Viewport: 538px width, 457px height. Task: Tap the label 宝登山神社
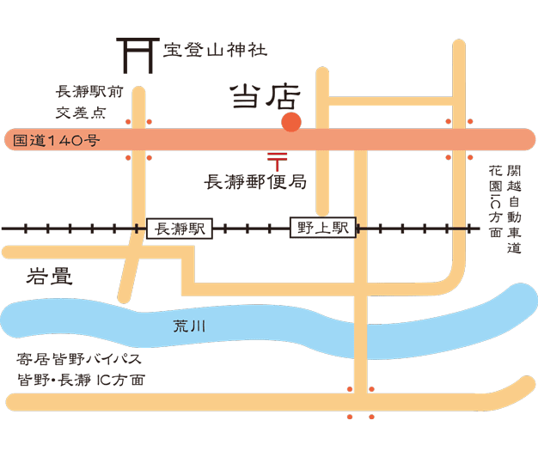click(x=216, y=50)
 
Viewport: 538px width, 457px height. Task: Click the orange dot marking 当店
click(x=291, y=123)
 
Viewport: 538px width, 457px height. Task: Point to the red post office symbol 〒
click(x=276, y=159)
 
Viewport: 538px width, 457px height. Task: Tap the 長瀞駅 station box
click(x=180, y=228)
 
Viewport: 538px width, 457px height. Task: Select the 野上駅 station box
click(x=322, y=228)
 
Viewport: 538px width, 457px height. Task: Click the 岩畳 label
click(x=50, y=277)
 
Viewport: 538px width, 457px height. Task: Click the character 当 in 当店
click(x=247, y=97)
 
